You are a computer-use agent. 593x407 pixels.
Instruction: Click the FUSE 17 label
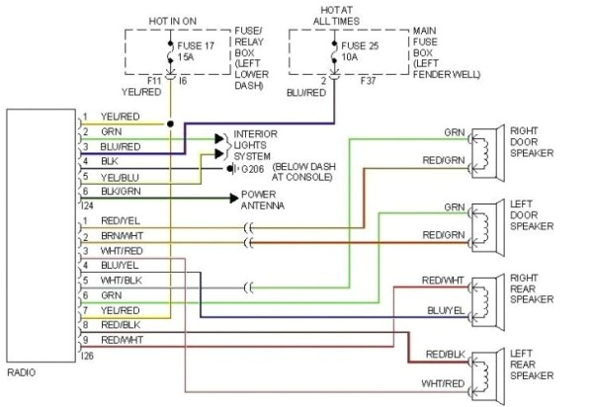coord(197,44)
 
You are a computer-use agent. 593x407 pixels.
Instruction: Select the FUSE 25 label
coord(362,44)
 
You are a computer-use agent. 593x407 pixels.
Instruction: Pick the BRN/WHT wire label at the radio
coord(120,237)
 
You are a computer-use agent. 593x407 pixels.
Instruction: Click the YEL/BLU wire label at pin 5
coord(118,176)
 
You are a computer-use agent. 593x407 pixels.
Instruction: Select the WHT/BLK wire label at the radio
coord(119,281)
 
